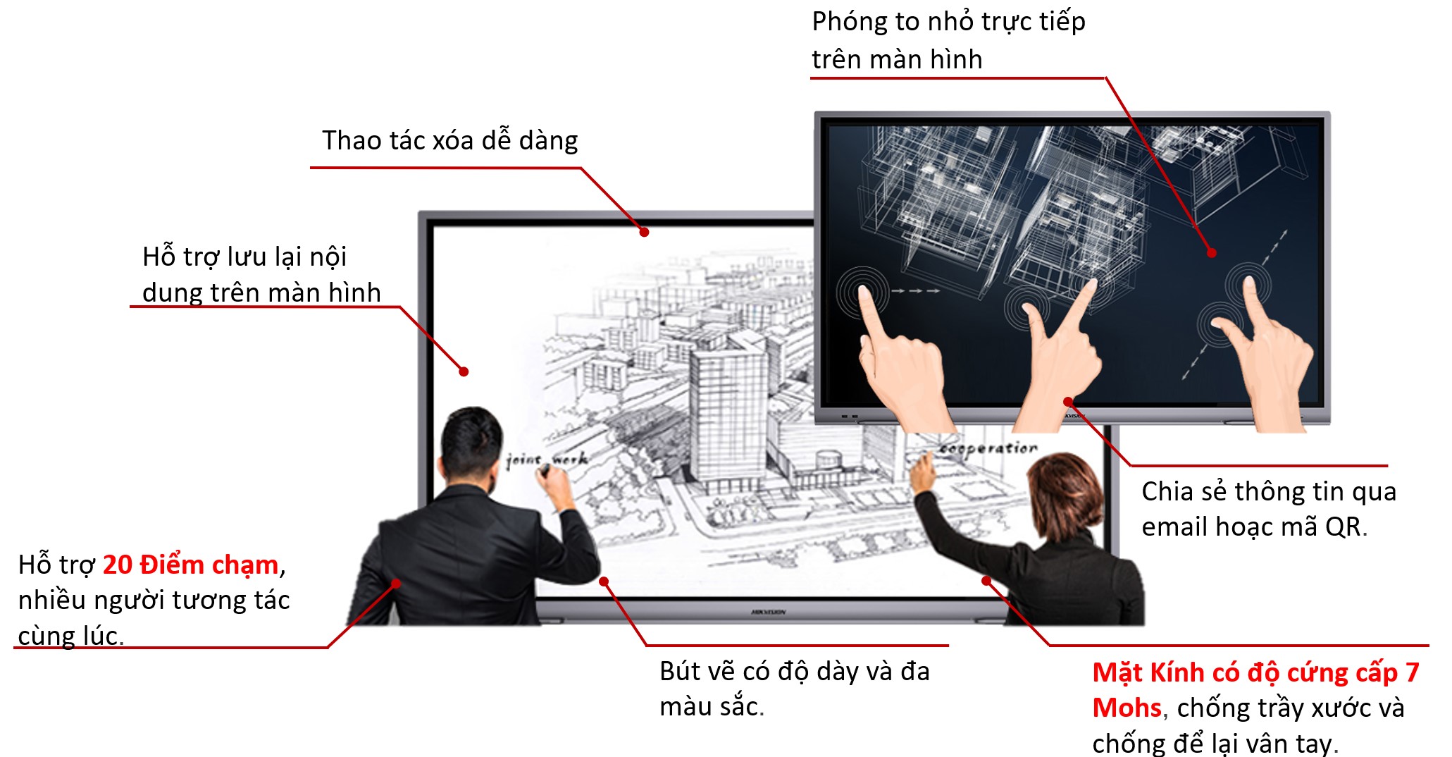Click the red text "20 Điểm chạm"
coord(190,565)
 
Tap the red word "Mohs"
coord(1127,708)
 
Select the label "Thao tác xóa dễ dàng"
coord(450,141)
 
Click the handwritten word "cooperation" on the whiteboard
coord(989,448)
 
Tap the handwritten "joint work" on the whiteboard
coord(547,460)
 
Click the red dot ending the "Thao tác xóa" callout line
coord(644,232)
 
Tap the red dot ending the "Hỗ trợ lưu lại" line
coord(464,371)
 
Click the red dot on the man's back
coord(396,584)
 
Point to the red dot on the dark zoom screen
coord(1211,253)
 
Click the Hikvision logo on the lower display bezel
coord(768,613)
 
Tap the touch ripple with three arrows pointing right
coord(862,291)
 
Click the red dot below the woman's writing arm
coord(986,581)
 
